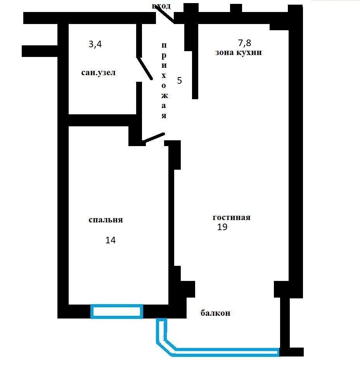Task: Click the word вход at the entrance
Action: pyautogui.click(x=161, y=7)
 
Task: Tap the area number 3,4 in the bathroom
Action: pyautogui.click(x=95, y=45)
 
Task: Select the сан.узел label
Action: pyautogui.click(x=99, y=73)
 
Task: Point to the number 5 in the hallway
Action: pyautogui.click(x=179, y=81)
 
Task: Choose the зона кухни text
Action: pyautogui.click(x=239, y=53)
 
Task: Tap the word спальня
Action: pyautogui.click(x=106, y=220)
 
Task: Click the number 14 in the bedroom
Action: pyautogui.click(x=111, y=240)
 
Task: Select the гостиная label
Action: pyautogui.click(x=232, y=217)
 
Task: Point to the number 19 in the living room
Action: pyautogui.click(x=222, y=227)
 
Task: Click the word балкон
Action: pyautogui.click(x=215, y=313)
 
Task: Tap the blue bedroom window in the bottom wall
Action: pyautogui.click(x=117, y=312)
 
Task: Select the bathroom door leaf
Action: pyautogui.click(x=144, y=69)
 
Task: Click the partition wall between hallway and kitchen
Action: pyautogui.click(x=195, y=70)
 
